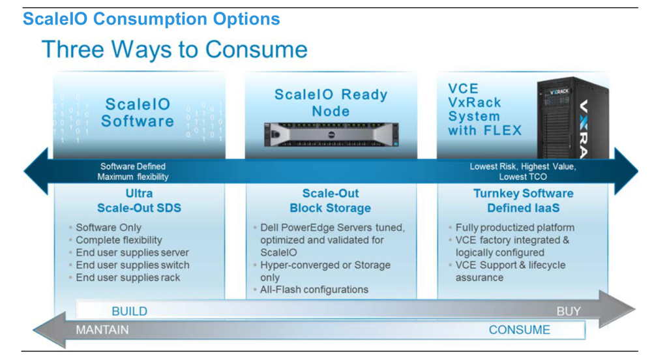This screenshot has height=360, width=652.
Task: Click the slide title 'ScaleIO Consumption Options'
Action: [x=151, y=19]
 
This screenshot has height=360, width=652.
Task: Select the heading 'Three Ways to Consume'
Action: [x=175, y=50]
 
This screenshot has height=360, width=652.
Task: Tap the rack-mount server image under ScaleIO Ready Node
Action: [x=331, y=135]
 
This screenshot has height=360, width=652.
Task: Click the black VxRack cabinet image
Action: [x=572, y=117]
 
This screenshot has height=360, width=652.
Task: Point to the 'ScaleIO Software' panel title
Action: [x=138, y=113]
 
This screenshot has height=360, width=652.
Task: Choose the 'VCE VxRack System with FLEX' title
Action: [x=484, y=110]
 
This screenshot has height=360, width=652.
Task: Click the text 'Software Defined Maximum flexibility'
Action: [x=133, y=172]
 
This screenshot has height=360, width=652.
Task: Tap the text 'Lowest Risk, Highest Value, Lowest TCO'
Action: [x=523, y=172]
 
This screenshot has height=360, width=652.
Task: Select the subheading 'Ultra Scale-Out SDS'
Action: [x=140, y=201]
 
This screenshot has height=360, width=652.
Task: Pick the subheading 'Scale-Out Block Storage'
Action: [x=331, y=201]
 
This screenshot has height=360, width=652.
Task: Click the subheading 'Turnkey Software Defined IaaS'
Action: [x=524, y=201]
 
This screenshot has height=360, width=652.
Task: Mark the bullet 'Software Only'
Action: [x=108, y=228]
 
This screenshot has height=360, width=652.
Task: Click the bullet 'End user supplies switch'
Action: [x=132, y=265]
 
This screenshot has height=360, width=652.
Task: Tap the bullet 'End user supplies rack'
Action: [x=128, y=277]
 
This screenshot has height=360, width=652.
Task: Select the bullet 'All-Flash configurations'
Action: [x=314, y=290]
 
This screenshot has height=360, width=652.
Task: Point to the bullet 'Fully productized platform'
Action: [x=515, y=228]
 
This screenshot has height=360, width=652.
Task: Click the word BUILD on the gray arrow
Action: [x=129, y=311]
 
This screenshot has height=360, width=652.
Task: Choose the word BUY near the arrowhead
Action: [x=569, y=311]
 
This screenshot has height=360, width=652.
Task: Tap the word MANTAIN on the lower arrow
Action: [x=102, y=330]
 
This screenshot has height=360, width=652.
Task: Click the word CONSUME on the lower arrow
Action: [x=520, y=330]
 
